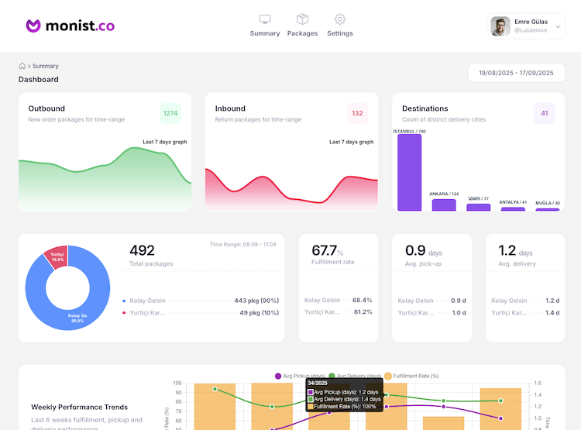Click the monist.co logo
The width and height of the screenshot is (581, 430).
click(70, 26)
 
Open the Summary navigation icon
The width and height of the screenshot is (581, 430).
click(265, 19)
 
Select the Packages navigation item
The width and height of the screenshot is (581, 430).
click(302, 19)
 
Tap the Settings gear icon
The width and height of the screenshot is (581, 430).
click(339, 19)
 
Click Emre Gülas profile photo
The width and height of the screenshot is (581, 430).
click(500, 26)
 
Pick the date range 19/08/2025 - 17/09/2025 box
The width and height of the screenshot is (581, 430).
click(516, 73)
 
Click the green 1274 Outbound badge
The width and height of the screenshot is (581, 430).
click(170, 113)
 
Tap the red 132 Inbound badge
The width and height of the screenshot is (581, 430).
click(357, 113)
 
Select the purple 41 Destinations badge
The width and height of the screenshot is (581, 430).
click(545, 113)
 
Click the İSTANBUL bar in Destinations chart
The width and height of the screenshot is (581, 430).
click(409, 172)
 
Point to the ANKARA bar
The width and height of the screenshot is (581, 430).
click(444, 205)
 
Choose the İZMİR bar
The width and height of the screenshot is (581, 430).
click(479, 207)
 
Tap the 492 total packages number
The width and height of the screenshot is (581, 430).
click(142, 250)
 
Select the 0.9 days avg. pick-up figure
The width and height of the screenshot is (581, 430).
click(416, 250)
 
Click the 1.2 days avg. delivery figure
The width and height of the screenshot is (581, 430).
click(507, 250)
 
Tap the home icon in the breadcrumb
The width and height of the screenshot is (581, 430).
click(22, 66)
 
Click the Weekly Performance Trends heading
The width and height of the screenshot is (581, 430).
click(80, 407)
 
